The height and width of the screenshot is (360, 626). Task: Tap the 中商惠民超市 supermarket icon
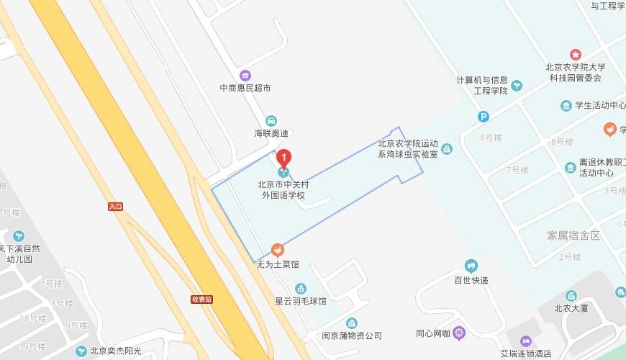[x=245, y=76]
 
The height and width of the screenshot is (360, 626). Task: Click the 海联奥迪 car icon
[x=271, y=120]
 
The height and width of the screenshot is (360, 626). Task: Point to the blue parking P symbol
[x=484, y=117]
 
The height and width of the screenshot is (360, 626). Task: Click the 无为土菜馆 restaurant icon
[x=277, y=250]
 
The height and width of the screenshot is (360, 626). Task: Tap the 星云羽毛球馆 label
[x=301, y=301]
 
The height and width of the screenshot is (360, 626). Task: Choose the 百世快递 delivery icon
[x=471, y=266]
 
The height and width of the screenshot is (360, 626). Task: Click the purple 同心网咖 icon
[x=460, y=333]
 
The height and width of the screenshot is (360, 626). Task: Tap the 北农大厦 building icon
[x=571, y=295]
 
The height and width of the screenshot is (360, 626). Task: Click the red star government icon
[x=575, y=55]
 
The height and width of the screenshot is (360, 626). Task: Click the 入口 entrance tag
[x=115, y=207]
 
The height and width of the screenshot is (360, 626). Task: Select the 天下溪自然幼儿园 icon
[x=19, y=235]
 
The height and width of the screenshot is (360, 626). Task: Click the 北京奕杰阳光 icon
[x=81, y=351]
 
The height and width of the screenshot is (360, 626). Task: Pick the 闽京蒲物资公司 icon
[x=351, y=323]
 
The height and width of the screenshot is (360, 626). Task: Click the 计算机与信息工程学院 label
[x=482, y=85]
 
